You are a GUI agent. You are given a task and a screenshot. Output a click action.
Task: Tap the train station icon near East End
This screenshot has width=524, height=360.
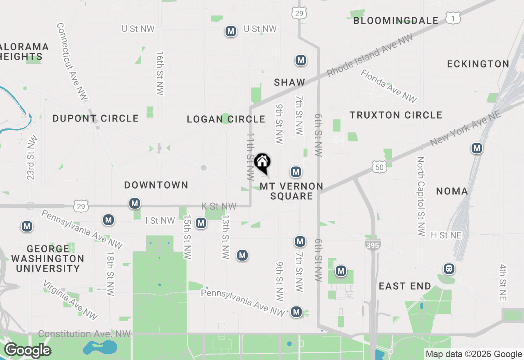[x=449, y=269]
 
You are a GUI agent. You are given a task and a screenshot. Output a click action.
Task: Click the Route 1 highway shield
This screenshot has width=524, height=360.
[x=453, y=18]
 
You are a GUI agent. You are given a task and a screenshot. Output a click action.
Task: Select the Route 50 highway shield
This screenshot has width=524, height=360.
[x=379, y=166]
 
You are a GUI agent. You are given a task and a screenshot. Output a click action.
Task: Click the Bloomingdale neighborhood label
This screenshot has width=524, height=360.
[x=396, y=20]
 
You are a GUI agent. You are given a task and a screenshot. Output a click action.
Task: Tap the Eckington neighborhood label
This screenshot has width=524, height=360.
[x=478, y=64]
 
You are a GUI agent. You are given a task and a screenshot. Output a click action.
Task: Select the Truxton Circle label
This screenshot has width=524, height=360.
[x=396, y=115]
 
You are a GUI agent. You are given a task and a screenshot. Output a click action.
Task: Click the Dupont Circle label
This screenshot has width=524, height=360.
[x=95, y=119]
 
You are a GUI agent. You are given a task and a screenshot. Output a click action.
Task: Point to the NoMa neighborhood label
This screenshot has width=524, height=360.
[x=452, y=191]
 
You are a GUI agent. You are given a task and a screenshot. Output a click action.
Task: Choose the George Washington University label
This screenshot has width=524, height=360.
[x=48, y=259]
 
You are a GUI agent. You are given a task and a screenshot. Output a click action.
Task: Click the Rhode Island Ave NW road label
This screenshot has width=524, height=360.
[x=370, y=56]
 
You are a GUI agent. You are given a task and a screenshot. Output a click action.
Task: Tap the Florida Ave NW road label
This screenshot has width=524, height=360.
[x=388, y=86]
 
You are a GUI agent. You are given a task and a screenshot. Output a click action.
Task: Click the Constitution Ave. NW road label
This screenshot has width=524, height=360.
[x=84, y=334]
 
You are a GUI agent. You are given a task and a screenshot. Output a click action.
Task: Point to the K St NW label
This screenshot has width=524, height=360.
[x=219, y=206]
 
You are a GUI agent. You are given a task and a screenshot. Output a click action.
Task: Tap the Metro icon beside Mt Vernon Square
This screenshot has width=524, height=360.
[x=296, y=171]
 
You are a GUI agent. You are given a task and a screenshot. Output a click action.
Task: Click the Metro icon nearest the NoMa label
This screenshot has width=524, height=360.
[x=477, y=148]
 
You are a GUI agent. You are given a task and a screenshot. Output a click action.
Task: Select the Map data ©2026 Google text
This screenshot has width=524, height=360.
[x=474, y=354]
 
